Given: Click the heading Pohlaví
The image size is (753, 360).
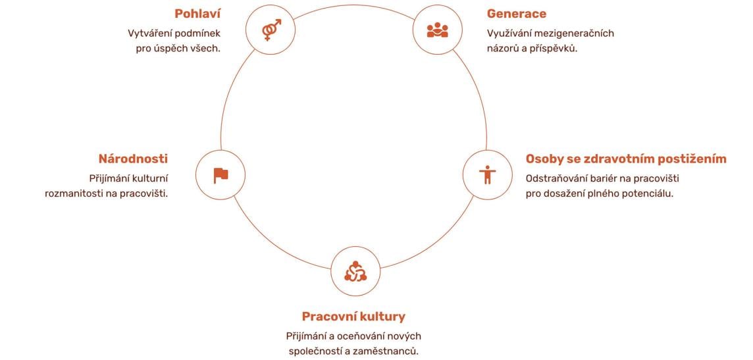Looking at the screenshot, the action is pyautogui.click(x=197, y=14).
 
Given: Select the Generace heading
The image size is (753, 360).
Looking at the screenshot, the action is pyautogui.click(x=516, y=14).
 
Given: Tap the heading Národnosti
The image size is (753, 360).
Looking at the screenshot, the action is pyautogui.click(x=133, y=159).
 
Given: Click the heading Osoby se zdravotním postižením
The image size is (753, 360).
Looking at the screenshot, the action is pyautogui.click(x=626, y=159).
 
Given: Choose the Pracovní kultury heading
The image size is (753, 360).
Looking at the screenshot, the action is pyautogui.click(x=353, y=317).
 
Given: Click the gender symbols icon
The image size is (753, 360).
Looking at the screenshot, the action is pyautogui.click(x=271, y=30).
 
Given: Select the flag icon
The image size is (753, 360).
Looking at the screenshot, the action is pyautogui.click(x=221, y=175).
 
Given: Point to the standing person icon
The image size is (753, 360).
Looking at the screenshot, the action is pyautogui.click(x=488, y=174).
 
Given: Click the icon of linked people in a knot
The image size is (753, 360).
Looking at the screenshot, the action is pyautogui.click(x=355, y=271).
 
